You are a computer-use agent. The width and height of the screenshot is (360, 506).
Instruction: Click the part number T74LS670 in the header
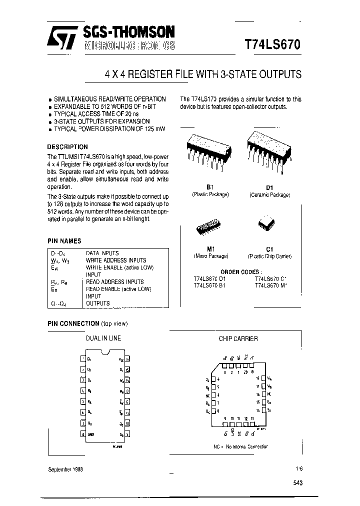[272, 43]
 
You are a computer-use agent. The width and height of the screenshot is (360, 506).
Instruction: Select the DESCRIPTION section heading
[67, 147]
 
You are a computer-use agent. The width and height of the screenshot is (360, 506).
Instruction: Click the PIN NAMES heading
[64, 240]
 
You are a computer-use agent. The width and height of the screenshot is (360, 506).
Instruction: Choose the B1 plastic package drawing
[209, 150]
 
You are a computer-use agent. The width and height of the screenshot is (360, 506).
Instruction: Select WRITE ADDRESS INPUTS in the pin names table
[116, 260]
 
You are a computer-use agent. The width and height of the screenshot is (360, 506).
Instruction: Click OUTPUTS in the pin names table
[98, 303]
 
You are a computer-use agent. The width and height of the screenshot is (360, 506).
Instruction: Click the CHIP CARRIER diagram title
[238, 338]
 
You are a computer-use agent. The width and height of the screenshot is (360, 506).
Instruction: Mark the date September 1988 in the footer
[65, 469]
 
